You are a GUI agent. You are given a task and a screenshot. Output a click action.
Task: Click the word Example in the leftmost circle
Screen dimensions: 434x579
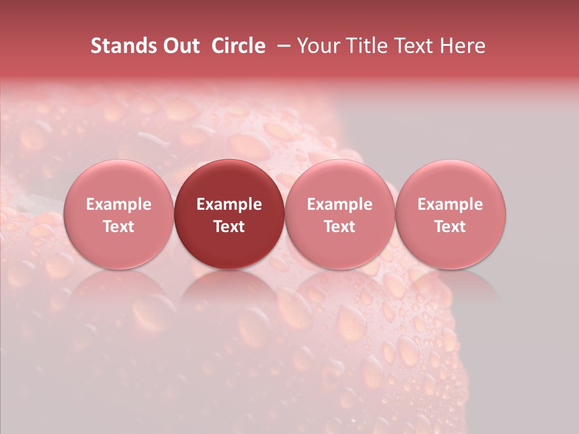(x=119, y=204)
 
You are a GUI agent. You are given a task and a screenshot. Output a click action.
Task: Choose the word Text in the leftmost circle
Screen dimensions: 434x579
(x=119, y=227)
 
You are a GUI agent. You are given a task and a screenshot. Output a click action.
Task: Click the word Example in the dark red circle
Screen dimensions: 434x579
(x=229, y=204)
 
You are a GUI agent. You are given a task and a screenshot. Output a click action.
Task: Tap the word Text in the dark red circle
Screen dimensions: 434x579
(x=229, y=227)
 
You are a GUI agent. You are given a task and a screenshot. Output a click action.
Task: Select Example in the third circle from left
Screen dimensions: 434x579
(x=340, y=204)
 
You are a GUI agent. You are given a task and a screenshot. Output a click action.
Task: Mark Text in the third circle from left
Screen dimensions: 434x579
(x=340, y=227)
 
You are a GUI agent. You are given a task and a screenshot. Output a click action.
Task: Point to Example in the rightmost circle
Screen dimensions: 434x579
(x=451, y=204)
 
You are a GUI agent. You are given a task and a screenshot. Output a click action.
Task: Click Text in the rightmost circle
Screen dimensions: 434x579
(x=451, y=227)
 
